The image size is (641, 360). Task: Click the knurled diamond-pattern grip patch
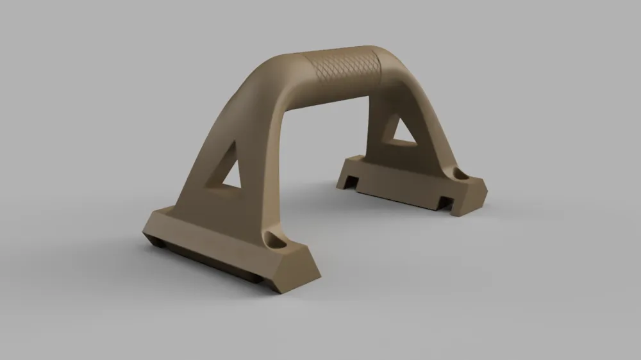tap(343, 67)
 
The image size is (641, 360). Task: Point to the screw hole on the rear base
tap(461, 174)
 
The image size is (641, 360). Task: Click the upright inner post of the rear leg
tap(375, 128)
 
